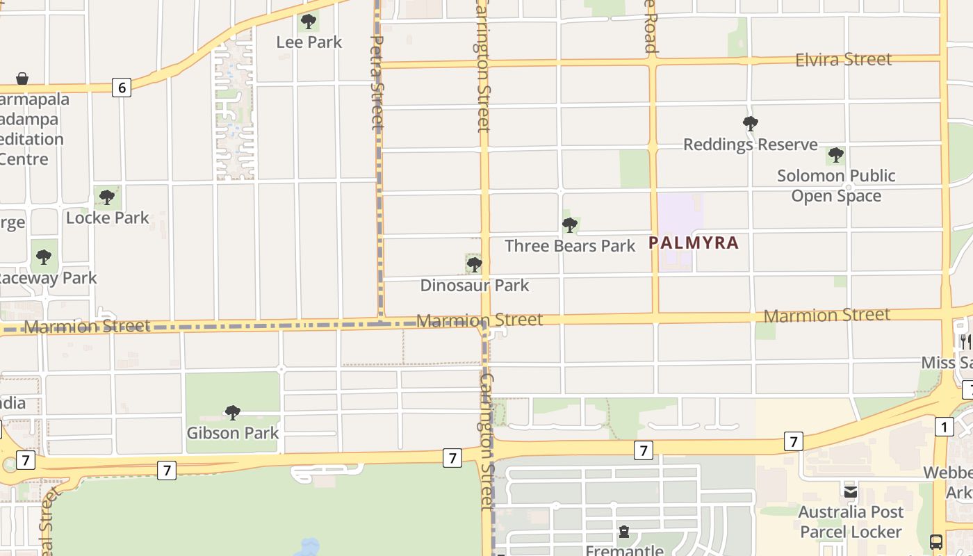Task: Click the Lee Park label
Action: point(309,42)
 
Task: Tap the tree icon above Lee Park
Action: point(309,22)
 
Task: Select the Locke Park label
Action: point(107,218)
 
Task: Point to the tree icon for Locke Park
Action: point(107,197)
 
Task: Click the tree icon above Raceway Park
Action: point(44,257)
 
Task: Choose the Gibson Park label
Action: point(232,433)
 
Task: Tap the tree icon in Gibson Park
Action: point(233,413)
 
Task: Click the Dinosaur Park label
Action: point(474,285)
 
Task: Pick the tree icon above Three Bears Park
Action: point(570,225)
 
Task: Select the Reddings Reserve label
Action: point(750,145)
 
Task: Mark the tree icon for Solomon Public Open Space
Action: point(836,155)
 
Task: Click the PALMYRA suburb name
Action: point(693,243)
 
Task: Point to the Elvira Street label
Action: point(843,59)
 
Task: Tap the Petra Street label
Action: point(377,83)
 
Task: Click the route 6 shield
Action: point(122,88)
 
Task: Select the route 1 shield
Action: point(944,427)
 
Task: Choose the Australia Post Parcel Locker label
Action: point(851,522)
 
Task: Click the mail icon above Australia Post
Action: point(851,492)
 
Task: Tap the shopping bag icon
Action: point(22,79)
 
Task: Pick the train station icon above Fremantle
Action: point(624,532)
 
